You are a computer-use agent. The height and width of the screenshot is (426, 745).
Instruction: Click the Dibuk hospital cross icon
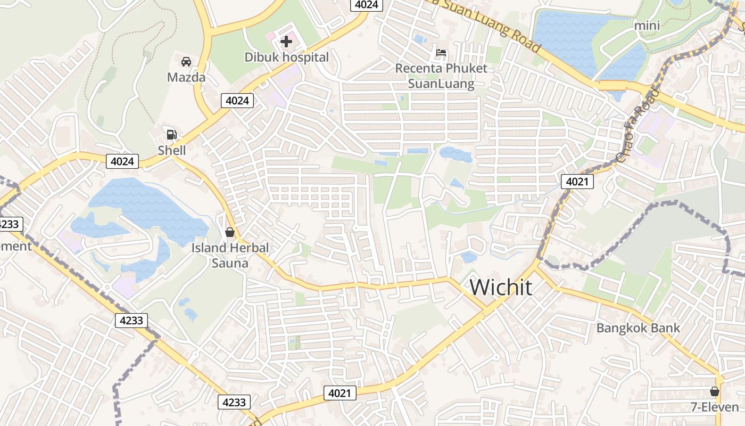click(x=286, y=41)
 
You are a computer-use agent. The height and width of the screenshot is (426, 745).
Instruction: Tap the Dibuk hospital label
click(x=286, y=57)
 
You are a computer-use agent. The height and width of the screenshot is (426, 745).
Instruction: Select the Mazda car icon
click(x=186, y=62)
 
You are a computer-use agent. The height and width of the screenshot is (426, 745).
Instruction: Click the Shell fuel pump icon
click(x=171, y=135)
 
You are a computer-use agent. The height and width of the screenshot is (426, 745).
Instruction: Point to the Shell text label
click(x=172, y=151)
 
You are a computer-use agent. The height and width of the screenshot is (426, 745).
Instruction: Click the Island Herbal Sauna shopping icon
click(x=230, y=232)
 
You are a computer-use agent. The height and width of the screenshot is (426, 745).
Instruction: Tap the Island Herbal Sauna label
click(x=230, y=255)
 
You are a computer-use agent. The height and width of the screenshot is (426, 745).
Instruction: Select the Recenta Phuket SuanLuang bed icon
click(x=441, y=53)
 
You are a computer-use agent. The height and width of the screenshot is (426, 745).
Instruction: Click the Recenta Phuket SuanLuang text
click(x=441, y=76)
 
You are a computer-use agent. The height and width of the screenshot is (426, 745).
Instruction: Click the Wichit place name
click(x=501, y=288)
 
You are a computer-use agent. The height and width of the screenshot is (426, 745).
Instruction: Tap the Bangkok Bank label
click(x=638, y=327)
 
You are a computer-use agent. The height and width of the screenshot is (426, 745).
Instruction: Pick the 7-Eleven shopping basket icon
click(x=715, y=391)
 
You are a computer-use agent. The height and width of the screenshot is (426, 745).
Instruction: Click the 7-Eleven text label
click(x=715, y=407)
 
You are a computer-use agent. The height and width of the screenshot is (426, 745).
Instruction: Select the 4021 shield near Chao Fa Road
click(x=577, y=182)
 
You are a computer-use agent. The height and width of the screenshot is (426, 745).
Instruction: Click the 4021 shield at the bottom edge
click(x=340, y=394)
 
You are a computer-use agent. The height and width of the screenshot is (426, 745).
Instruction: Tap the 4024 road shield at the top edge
click(x=367, y=5)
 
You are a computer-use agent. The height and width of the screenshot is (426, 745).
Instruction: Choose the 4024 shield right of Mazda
click(x=237, y=100)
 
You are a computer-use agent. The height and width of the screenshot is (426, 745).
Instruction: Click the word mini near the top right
click(x=647, y=25)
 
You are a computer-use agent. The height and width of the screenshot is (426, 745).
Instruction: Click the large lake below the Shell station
click(x=144, y=205)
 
